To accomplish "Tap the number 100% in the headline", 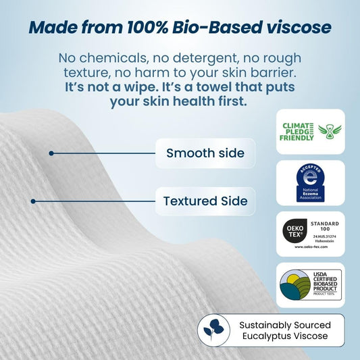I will point(145,28).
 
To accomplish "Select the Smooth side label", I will point(205,153).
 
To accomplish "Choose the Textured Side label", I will point(205,201).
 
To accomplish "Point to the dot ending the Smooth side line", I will point(51,153).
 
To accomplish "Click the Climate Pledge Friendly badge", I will point(310,128).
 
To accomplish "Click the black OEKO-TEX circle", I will point(296,230).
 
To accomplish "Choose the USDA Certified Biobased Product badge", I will point(310,285).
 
